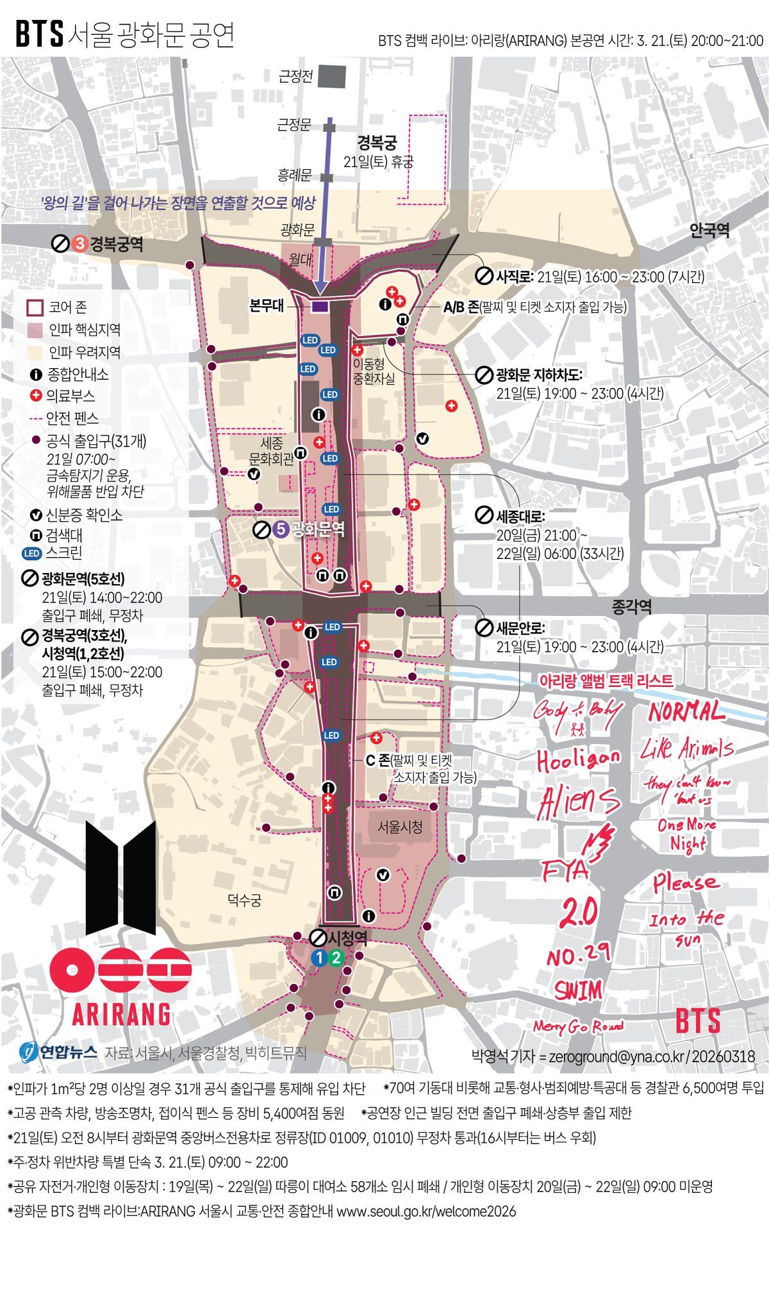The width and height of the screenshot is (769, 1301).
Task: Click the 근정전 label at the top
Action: (x=295, y=77)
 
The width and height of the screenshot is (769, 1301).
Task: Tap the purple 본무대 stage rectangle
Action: (x=320, y=306)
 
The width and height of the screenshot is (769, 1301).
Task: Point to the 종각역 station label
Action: (x=632, y=607)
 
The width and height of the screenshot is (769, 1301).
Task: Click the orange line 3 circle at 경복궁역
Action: (x=79, y=244)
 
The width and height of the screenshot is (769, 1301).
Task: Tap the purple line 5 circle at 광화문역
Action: (x=279, y=529)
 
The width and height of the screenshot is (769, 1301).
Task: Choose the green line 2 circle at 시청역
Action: (x=336, y=958)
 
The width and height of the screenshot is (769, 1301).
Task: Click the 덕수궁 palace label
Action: (x=244, y=900)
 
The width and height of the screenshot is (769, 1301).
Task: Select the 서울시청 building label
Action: (x=400, y=827)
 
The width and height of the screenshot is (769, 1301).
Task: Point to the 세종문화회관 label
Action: (x=272, y=451)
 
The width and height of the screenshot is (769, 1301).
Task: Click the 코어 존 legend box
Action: (x=35, y=308)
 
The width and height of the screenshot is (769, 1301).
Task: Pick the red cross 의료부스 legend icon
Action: (x=37, y=396)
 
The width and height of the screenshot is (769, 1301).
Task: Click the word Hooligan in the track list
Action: (x=578, y=760)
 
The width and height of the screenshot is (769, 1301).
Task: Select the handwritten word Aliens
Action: (x=579, y=800)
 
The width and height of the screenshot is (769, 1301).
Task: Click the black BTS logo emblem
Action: (x=120, y=877)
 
